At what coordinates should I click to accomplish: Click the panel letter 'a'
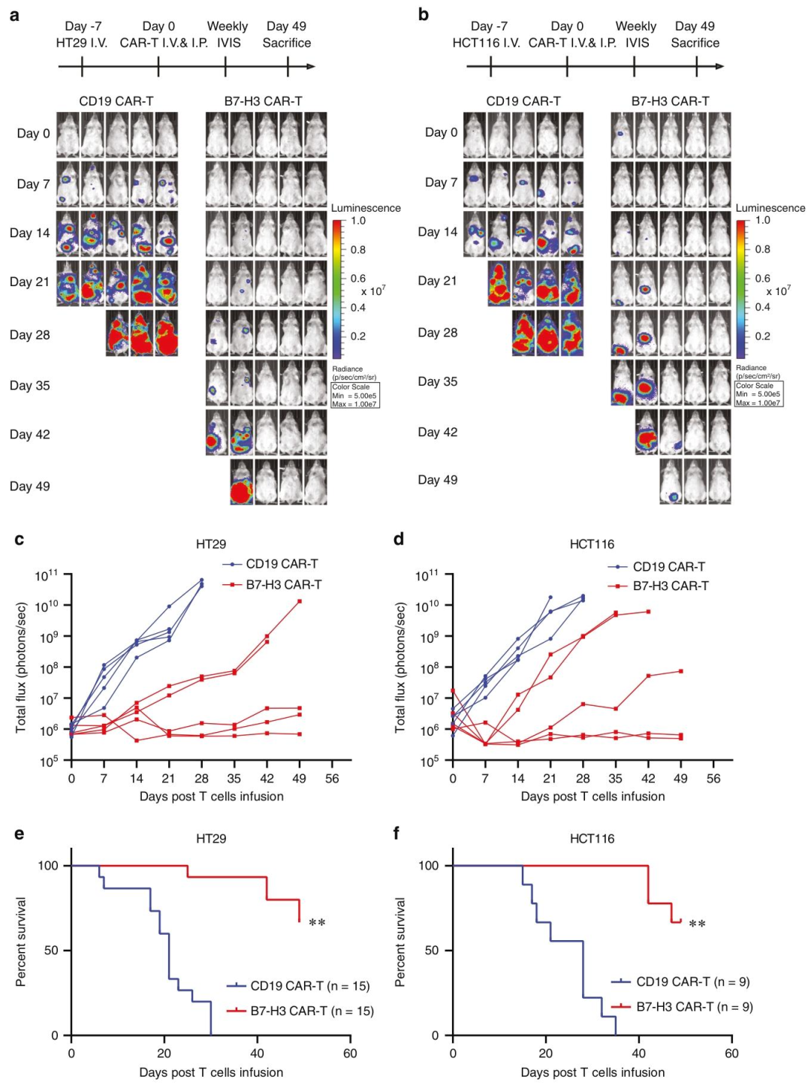pyautogui.click(x=14, y=15)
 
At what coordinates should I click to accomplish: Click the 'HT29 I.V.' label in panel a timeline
pyautogui.click(x=82, y=43)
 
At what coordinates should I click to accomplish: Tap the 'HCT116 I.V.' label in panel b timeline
pyautogui.click(x=486, y=43)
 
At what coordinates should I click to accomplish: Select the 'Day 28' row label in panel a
pyautogui.click(x=30, y=335)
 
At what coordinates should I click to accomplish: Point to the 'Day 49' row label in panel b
pyautogui.click(x=438, y=480)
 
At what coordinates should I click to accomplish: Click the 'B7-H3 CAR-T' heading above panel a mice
pyautogui.click(x=263, y=101)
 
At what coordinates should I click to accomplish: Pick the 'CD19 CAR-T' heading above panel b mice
pyautogui.click(x=523, y=101)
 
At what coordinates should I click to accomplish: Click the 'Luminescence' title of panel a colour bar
pyautogui.click(x=366, y=208)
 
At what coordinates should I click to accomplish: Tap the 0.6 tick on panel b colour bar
pyautogui.click(x=762, y=278)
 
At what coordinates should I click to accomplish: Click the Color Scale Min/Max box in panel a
pyautogui.click(x=354, y=396)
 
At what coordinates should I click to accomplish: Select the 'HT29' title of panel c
pyautogui.click(x=211, y=544)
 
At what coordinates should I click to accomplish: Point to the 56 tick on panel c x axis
pyautogui.click(x=332, y=779)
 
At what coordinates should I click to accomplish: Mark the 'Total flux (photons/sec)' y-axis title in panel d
pyautogui.click(x=400, y=668)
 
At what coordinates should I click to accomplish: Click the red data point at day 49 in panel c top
pyautogui.click(x=300, y=601)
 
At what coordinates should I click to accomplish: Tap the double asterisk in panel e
pyautogui.click(x=317, y=923)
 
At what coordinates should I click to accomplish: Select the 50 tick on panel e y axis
pyautogui.click(x=51, y=951)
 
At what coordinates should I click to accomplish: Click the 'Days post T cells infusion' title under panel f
pyautogui.click(x=592, y=1072)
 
